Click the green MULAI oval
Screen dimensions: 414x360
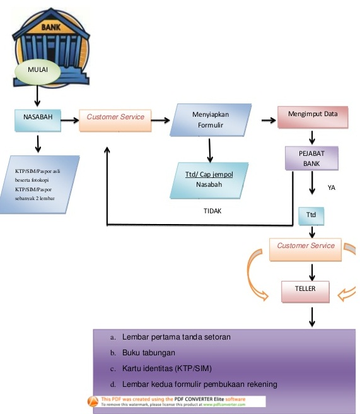click(37, 68)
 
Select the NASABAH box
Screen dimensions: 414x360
click(37, 118)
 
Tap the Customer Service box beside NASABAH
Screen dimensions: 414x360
click(115, 118)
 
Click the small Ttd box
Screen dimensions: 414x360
click(311, 215)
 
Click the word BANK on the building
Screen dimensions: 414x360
click(52, 28)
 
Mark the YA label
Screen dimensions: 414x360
click(332, 188)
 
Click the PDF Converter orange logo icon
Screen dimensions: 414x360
click(93, 401)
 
